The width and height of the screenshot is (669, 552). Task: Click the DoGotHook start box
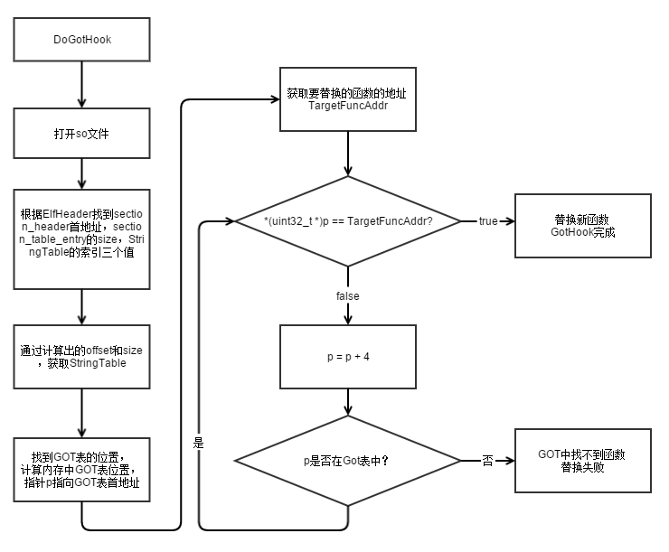(82, 40)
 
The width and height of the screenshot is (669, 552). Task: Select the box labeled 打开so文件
(82, 134)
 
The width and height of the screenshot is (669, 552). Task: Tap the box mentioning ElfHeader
(82, 239)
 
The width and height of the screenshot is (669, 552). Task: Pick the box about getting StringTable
(82, 357)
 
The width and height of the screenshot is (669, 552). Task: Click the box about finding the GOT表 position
(82, 470)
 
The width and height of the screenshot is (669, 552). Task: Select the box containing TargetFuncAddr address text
(348, 99)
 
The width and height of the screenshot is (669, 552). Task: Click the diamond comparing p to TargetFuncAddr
(348, 221)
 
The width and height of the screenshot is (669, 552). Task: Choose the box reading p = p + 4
(348, 357)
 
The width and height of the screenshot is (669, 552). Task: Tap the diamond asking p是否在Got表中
(348, 461)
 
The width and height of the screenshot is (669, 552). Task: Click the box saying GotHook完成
(583, 226)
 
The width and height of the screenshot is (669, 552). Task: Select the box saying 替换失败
(583, 461)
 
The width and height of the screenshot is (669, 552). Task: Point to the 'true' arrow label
(488, 221)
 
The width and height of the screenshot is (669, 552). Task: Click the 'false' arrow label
(348, 296)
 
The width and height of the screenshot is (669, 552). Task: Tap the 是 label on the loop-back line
(198, 443)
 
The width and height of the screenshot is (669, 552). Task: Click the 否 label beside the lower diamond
(487, 461)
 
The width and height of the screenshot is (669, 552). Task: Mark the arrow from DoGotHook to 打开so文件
(82, 84)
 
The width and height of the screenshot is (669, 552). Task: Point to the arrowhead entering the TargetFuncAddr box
(275, 99)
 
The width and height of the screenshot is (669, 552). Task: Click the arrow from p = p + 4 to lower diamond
(348, 402)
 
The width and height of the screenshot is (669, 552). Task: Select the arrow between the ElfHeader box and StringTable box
(82, 307)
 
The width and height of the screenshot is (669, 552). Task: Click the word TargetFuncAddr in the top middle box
(348, 106)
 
